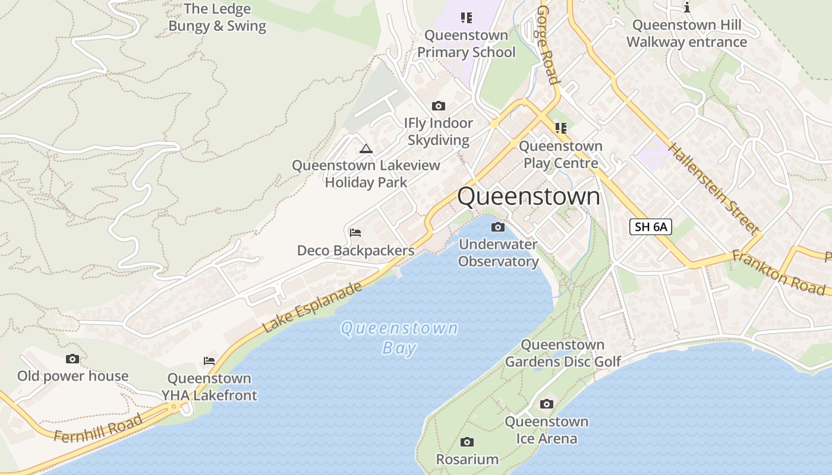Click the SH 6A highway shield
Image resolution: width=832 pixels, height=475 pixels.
click(651, 226)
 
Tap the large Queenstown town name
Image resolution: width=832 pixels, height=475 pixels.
click(528, 197)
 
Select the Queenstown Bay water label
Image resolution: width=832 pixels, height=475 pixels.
click(399, 337)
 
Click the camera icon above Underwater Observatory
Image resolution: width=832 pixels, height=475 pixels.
click(498, 227)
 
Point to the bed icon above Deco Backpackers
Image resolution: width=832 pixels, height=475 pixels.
click(355, 232)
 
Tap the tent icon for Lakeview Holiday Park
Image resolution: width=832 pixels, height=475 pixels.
click(365, 148)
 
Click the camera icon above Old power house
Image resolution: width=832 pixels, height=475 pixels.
click(73, 359)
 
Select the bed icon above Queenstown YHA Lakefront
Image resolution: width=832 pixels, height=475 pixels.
click(209, 360)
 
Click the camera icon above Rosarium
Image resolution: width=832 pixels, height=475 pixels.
click(467, 442)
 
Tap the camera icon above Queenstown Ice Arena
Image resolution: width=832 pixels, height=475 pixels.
click(546, 404)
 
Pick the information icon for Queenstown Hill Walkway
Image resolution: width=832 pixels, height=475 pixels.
click(687, 7)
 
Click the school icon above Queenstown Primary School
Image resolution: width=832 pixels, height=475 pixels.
click(467, 17)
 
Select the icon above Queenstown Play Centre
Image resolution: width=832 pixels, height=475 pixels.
click(560, 128)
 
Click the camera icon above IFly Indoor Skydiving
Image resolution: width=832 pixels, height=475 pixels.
click(439, 106)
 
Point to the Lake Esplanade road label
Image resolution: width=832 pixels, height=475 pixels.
click(312, 307)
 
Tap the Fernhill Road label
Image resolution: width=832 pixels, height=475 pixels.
click(98, 429)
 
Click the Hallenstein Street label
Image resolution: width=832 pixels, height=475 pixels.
click(714, 188)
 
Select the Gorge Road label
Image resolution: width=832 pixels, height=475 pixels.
click(548, 45)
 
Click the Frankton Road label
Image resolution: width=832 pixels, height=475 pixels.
click(779, 272)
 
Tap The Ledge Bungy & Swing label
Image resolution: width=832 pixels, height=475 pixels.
click(218, 17)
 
